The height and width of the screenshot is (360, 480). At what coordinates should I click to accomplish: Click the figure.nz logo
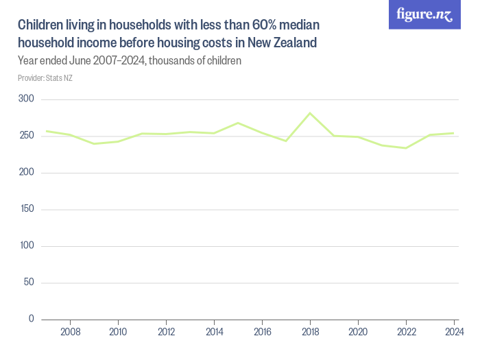pyautogui.click(x=424, y=14)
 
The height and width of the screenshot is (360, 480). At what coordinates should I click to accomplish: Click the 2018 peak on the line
pyautogui.click(x=310, y=113)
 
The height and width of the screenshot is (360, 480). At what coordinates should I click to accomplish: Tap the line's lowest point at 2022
pyautogui.click(x=406, y=148)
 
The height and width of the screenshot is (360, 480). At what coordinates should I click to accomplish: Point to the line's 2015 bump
pyautogui.click(x=238, y=123)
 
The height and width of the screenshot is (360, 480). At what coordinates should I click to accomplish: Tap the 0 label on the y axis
pyautogui.click(x=32, y=319)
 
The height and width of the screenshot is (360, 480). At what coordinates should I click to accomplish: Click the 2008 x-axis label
pyautogui.click(x=70, y=332)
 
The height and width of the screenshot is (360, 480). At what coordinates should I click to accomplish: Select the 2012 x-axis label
pyautogui.click(x=166, y=332)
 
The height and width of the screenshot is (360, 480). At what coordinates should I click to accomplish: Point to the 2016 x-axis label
pyautogui.click(x=262, y=332)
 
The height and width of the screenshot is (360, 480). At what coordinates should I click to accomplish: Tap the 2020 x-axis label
pyautogui.click(x=358, y=332)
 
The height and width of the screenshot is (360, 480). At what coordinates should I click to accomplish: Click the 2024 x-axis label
pyautogui.click(x=453, y=332)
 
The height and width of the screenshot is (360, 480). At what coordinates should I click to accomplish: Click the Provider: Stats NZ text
pyautogui.click(x=45, y=78)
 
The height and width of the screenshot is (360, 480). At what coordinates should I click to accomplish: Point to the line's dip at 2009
pyautogui.click(x=94, y=143)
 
